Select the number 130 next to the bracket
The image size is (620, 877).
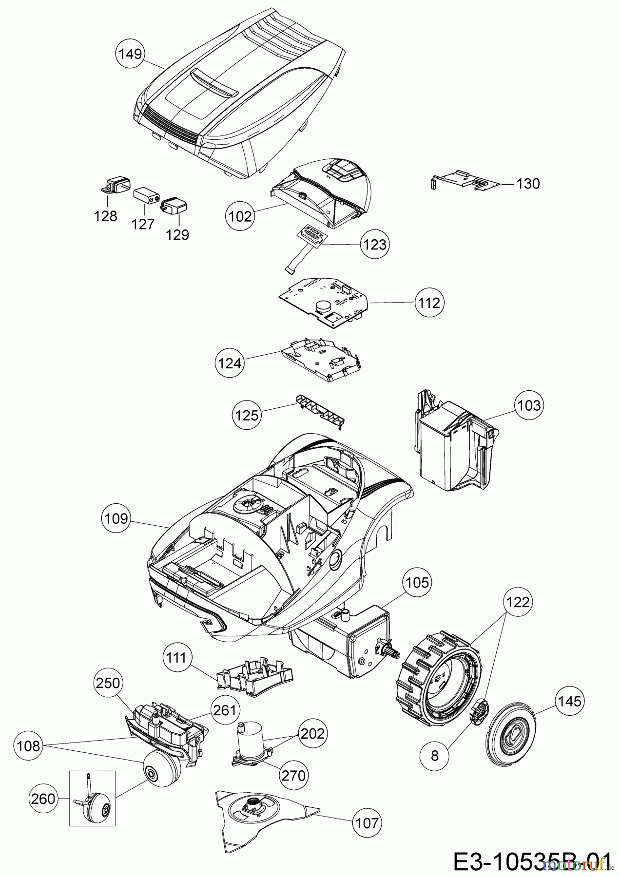click(528, 184)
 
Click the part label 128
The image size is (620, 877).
click(106, 216)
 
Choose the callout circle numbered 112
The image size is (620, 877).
click(428, 303)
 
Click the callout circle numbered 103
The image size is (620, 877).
click(529, 405)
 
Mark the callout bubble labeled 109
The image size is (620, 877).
click(116, 518)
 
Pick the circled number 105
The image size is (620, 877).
click(417, 582)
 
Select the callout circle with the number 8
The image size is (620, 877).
click(435, 755)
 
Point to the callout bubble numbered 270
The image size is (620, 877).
click(293, 775)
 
